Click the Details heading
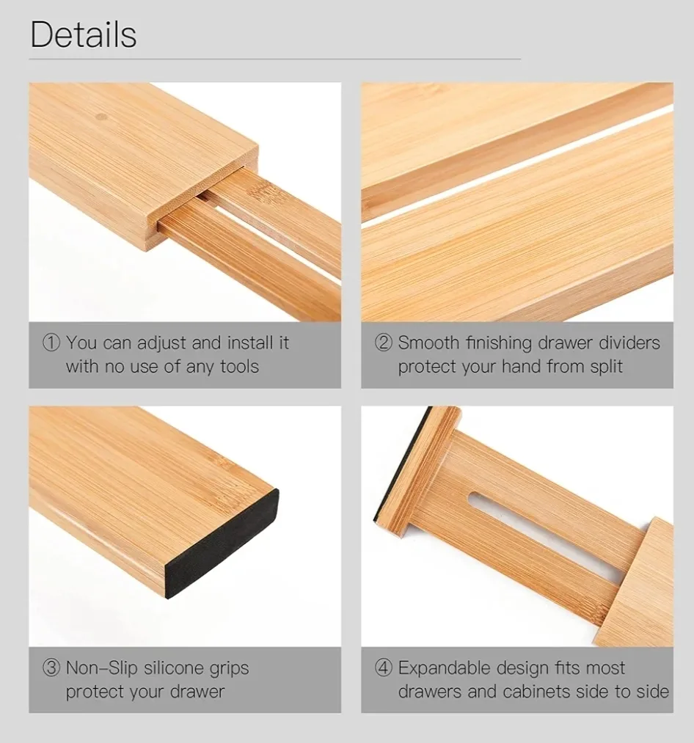[84, 35]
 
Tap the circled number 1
[51, 343]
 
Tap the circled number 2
[384, 343]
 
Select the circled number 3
[51, 668]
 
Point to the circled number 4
[384, 668]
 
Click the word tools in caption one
[239, 366]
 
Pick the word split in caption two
[605, 366]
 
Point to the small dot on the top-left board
[102, 117]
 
